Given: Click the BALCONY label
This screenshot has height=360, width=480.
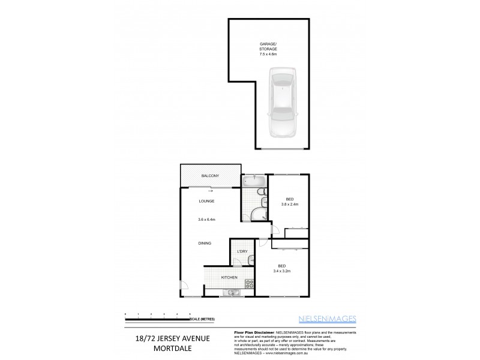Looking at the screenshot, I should (x=209, y=175).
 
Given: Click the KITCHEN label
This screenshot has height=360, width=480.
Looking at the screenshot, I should (x=230, y=277).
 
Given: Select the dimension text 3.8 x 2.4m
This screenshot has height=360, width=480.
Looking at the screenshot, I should (x=289, y=205).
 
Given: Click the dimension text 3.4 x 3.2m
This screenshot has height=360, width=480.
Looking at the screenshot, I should (x=281, y=270).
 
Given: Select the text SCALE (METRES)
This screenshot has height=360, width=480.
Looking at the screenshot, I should (x=202, y=318).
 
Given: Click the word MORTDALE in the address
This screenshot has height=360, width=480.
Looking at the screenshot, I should (x=172, y=349).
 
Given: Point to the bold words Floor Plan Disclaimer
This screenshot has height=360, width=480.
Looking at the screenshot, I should (x=249, y=332).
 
